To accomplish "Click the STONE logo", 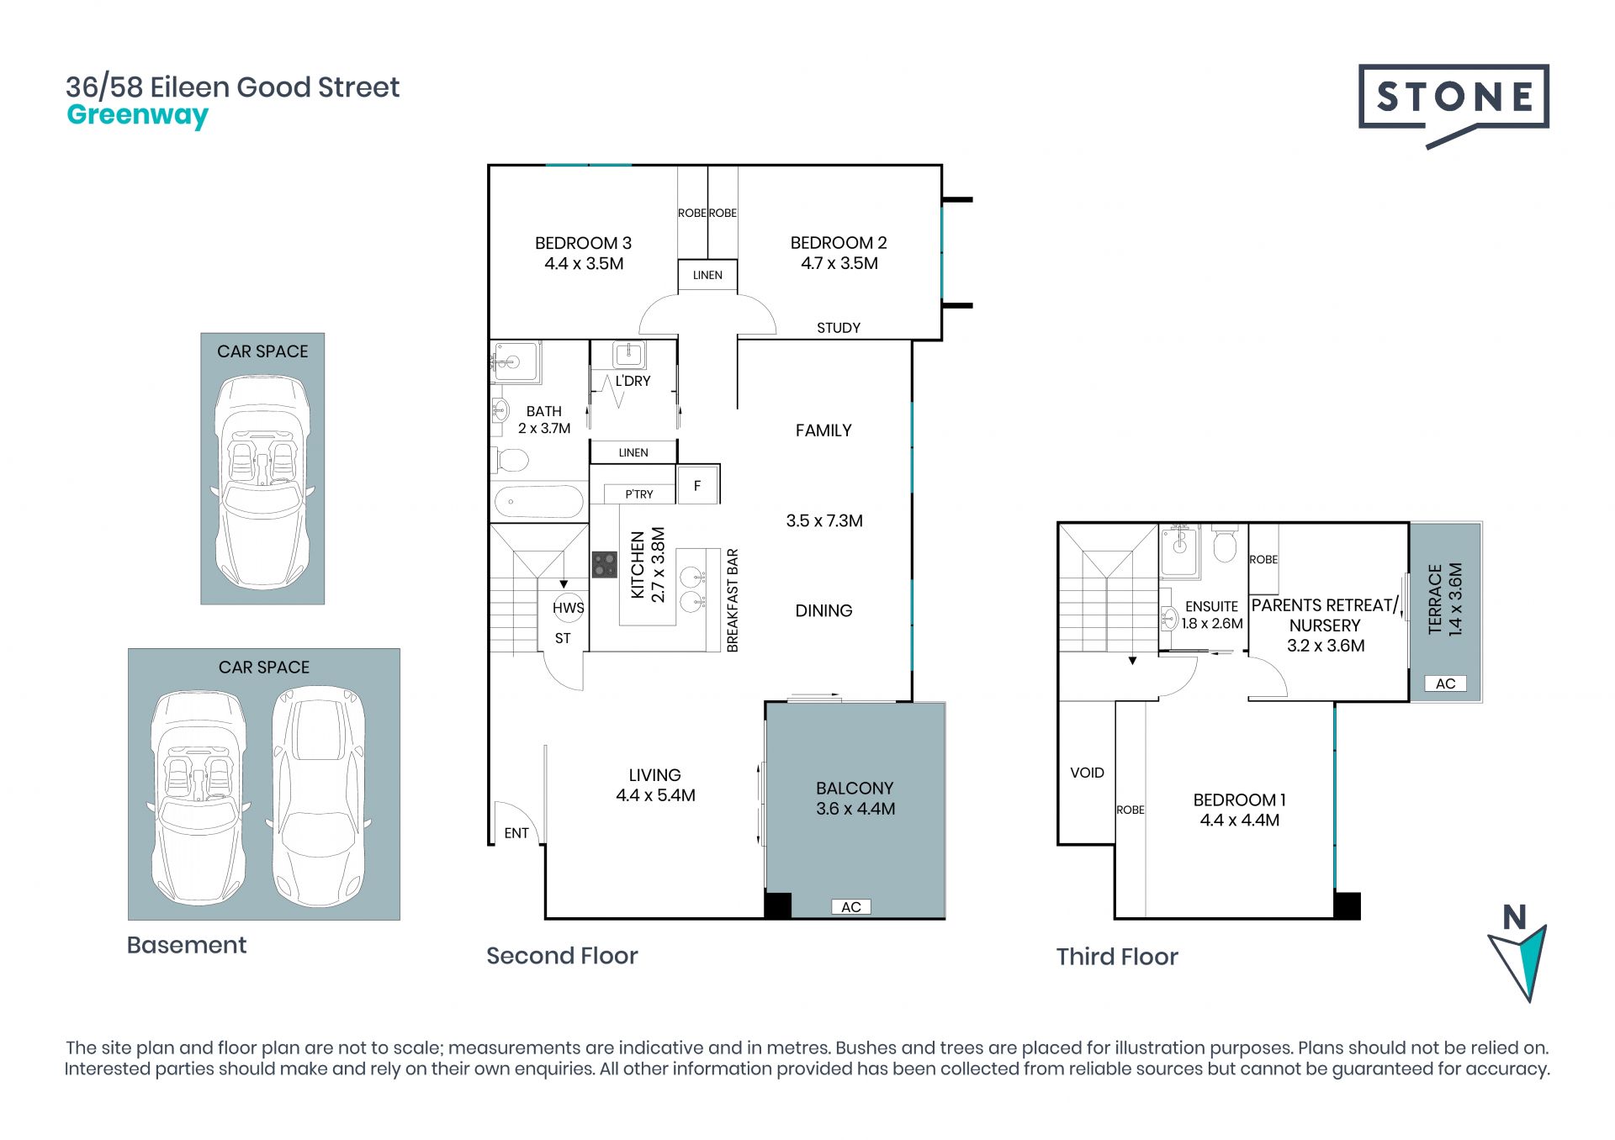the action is (1453, 104).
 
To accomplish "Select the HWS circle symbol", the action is (569, 607).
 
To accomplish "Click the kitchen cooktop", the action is (604, 564).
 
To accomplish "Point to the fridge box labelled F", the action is (697, 485).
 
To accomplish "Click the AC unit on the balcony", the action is (851, 907).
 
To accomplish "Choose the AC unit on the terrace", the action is (1445, 683).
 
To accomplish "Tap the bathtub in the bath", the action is (539, 503).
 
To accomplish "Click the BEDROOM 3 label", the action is (583, 243).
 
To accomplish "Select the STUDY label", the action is (839, 328).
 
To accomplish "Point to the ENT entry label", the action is (516, 833).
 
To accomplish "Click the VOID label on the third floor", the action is (1087, 773).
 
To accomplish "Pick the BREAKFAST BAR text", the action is (733, 600).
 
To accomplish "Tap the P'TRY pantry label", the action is (639, 494).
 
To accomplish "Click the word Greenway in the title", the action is (137, 115).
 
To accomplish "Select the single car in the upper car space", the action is (262, 482).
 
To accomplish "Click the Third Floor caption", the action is (1117, 957).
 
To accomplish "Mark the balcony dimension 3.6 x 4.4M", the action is (855, 809).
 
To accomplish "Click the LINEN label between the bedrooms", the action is (707, 275).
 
